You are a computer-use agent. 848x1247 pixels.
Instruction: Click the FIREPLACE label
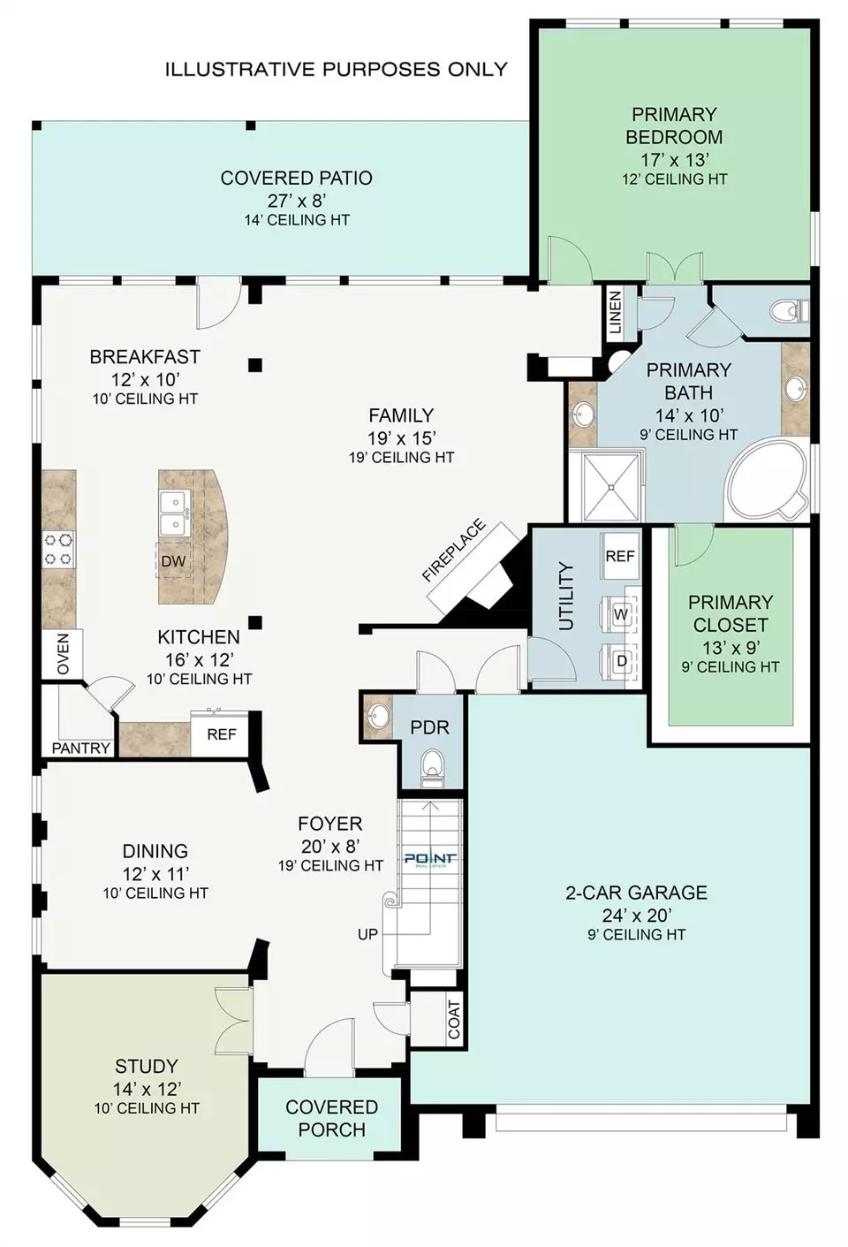pyautogui.click(x=453, y=551)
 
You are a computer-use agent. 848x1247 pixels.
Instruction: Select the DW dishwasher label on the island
pyautogui.click(x=173, y=561)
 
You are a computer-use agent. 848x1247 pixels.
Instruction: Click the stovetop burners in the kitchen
pyautogui.click(x=59, y=550)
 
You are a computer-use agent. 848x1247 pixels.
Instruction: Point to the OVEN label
pyautogui.click(x=63, y=654)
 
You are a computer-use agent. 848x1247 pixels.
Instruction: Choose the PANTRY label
pyautogui.click(x=80, y=749)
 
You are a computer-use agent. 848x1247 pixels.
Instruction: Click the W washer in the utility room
pyautogui.click(x=621, y=614)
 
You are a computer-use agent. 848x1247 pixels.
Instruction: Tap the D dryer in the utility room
pyautogui.click(x=622, y=661)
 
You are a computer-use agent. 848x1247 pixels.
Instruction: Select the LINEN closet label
pyautogui.click(x=615, y=312)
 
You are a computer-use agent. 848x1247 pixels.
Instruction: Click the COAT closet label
pyautogui.click(x=454, y=1020)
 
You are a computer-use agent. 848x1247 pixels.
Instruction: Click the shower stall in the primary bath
pyautogui.click(x=611, y=487)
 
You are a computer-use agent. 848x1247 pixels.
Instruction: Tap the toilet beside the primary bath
pyautogui.click(x=790, y=310)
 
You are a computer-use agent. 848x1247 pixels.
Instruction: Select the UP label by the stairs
pyautogui.click(x=367, y=934)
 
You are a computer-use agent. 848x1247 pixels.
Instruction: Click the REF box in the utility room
pyautogui.click(x=620, y=556)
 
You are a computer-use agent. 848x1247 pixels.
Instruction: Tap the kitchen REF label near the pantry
pyautogui.click(x=222, y=734)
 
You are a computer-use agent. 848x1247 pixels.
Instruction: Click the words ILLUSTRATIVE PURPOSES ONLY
pyautogui.click(x=337, y=69)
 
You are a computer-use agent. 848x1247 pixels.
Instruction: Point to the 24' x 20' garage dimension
pyautogui.click(x=637, y=916)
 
